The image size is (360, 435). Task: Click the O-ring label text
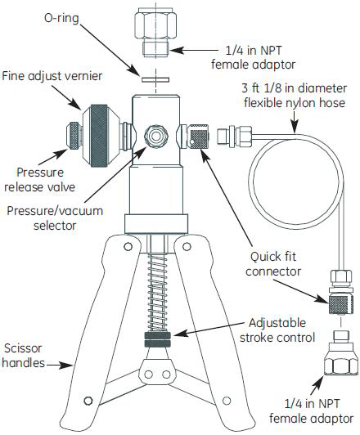(61, 19)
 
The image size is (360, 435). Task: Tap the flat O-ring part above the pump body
(155, 79)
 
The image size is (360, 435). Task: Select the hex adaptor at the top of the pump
(155, 33)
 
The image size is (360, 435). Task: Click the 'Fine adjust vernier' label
(52, 76)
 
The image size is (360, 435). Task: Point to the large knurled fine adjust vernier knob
(99, 136)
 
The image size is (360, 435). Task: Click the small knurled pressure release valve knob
(74, 136)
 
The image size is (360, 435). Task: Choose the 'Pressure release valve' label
(40, 180)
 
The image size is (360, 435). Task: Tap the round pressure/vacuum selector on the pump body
(156, 136)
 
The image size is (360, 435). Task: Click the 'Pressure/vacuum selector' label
(55, 218)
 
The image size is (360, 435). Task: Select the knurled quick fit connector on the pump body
(199, 137)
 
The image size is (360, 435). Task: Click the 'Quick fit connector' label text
(273, 263)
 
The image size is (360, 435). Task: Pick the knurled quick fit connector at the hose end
(341, 304)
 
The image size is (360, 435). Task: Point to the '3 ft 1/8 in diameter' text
(295, 88)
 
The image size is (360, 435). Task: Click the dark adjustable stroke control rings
(157, 339)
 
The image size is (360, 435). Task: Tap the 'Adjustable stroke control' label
(277, 330)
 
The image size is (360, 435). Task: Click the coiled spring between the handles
(157, 292)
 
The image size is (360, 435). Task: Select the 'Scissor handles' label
(23, 356)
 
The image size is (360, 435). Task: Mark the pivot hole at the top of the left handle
(128, 247)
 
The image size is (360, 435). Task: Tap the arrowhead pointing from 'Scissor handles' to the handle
(67, 365)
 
